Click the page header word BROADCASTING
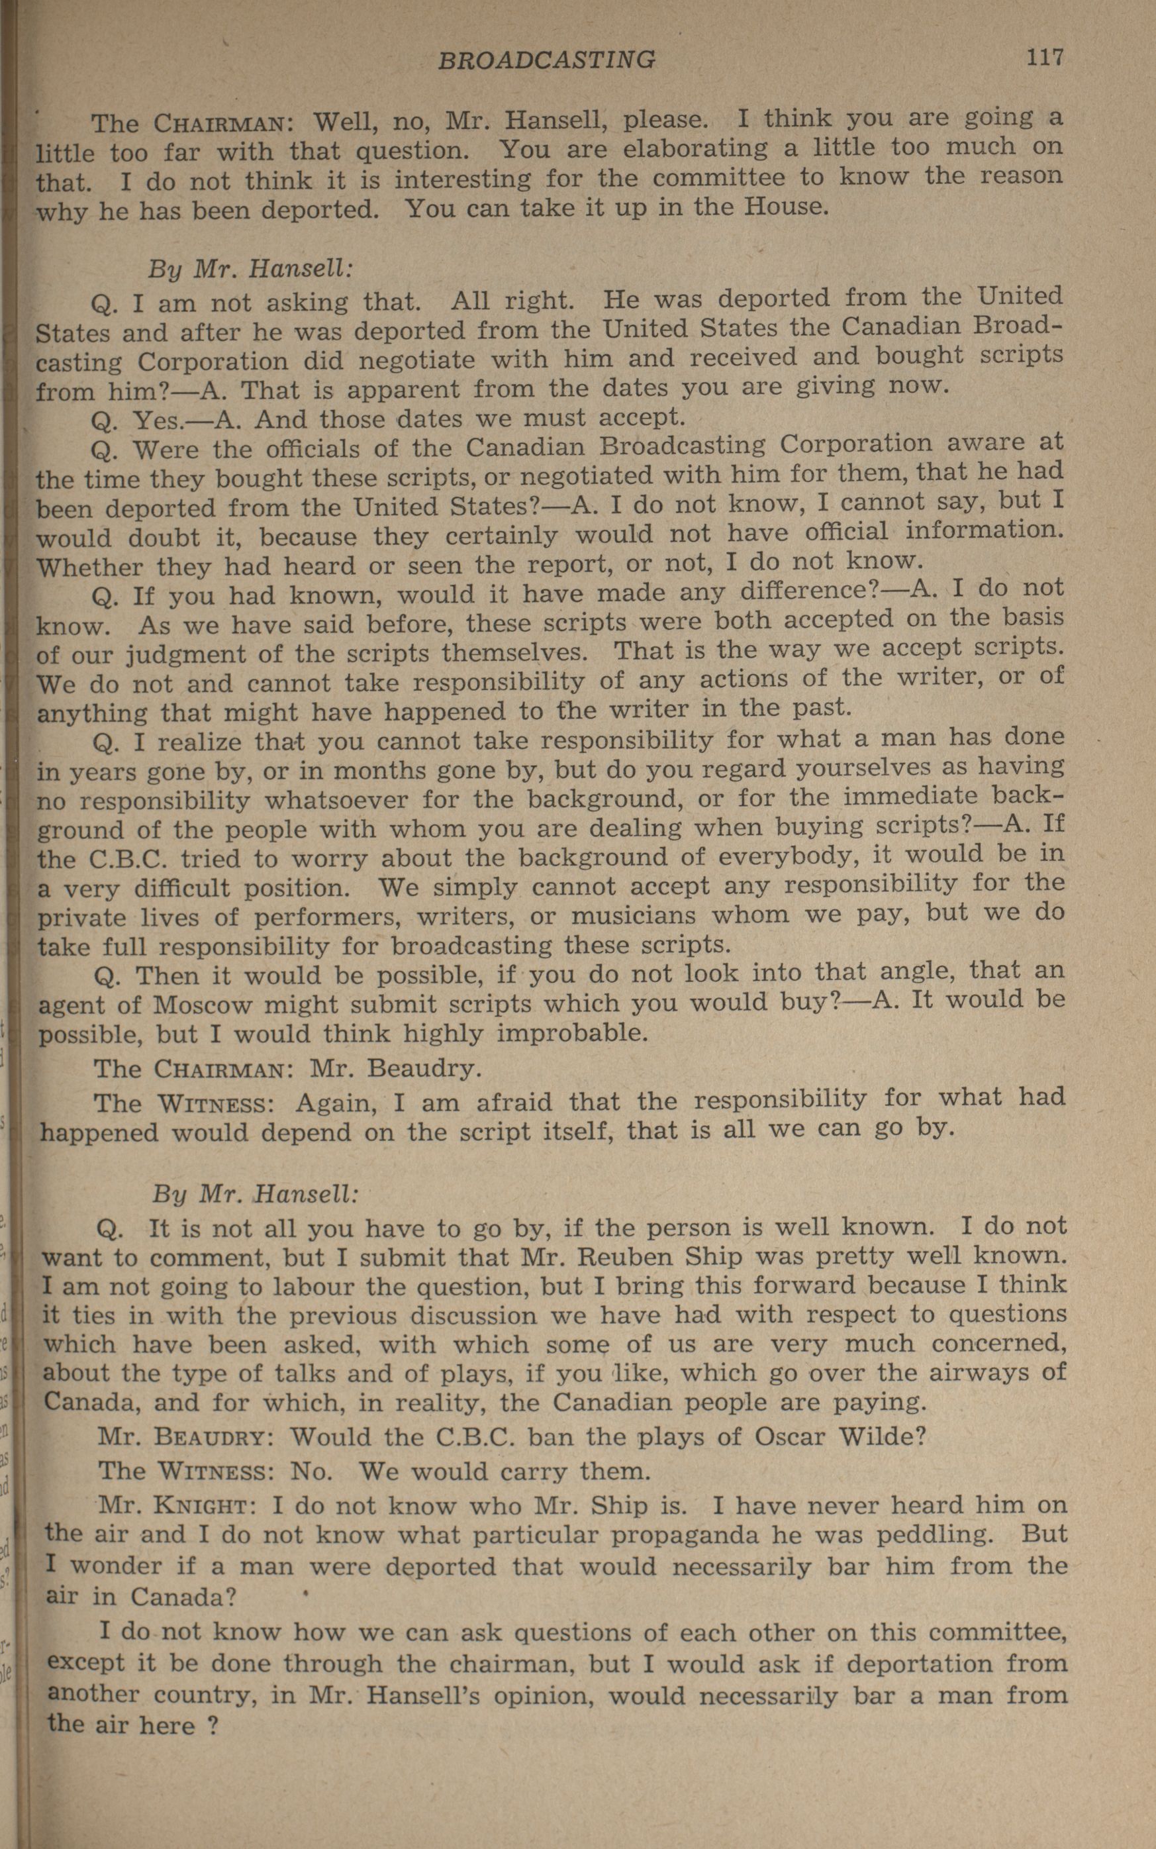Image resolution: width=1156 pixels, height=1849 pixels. click(x=546, y=60)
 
